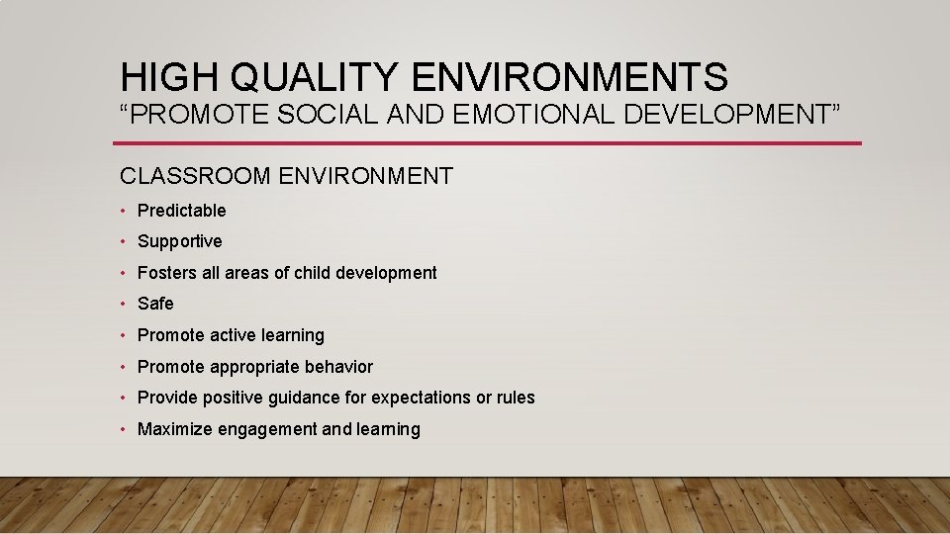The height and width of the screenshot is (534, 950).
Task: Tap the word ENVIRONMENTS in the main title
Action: point(568,77)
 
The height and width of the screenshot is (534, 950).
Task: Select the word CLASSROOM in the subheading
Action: point(196,177)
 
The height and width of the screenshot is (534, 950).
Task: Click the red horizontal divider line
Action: point(490,143)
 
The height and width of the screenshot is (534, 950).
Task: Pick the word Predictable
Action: point(181,211)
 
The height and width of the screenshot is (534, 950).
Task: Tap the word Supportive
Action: point(179,241)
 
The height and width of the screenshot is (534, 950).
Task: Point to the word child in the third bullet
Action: point(312,273)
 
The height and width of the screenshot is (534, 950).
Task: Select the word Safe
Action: point(155,304)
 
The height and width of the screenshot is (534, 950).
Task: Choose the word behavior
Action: point(338,367)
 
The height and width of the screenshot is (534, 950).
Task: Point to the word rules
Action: point(516,398)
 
